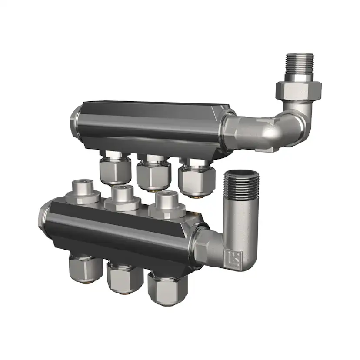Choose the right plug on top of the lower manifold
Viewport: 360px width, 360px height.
point(167,203)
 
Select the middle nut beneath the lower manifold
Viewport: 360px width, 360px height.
point(125,279)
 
